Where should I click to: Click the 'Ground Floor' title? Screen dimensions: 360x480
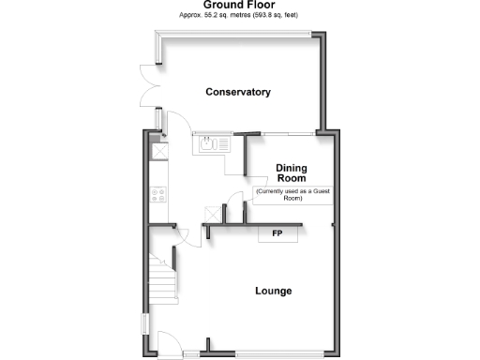239,6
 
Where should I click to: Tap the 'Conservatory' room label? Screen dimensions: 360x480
239,92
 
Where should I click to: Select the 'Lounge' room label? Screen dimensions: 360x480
274,291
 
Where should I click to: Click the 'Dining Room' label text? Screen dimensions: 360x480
291,173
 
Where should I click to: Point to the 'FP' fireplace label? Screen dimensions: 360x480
277,232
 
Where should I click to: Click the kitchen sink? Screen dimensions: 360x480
208,144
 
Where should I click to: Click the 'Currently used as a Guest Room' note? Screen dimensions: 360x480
292,195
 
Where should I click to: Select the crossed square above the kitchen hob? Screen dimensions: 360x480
158,150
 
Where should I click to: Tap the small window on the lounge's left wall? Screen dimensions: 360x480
144,323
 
